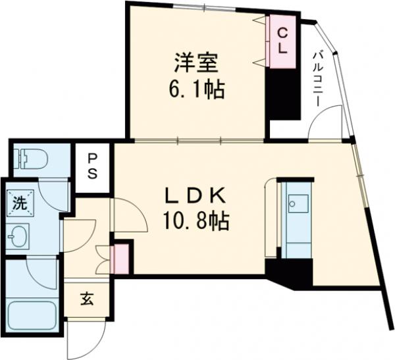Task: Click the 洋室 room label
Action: [192, 64]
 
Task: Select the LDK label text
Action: [195, 195]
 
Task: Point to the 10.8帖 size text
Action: [196, 222]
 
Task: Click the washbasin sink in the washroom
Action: [18, 234]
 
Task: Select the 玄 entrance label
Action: [87, 299]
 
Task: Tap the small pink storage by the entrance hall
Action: [121, 259]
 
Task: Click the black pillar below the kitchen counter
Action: [290, 270]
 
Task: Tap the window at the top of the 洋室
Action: [204, 9]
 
